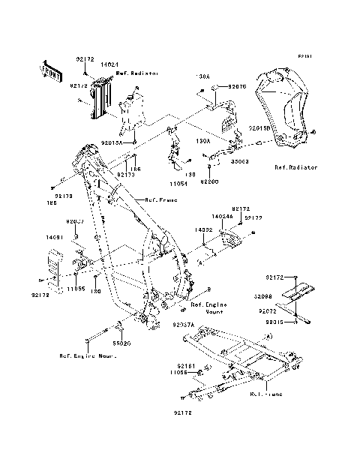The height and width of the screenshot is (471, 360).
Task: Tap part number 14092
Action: point(205,230)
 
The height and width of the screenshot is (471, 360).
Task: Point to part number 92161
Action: point(186,365)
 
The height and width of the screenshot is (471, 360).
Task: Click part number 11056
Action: point(178,372)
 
